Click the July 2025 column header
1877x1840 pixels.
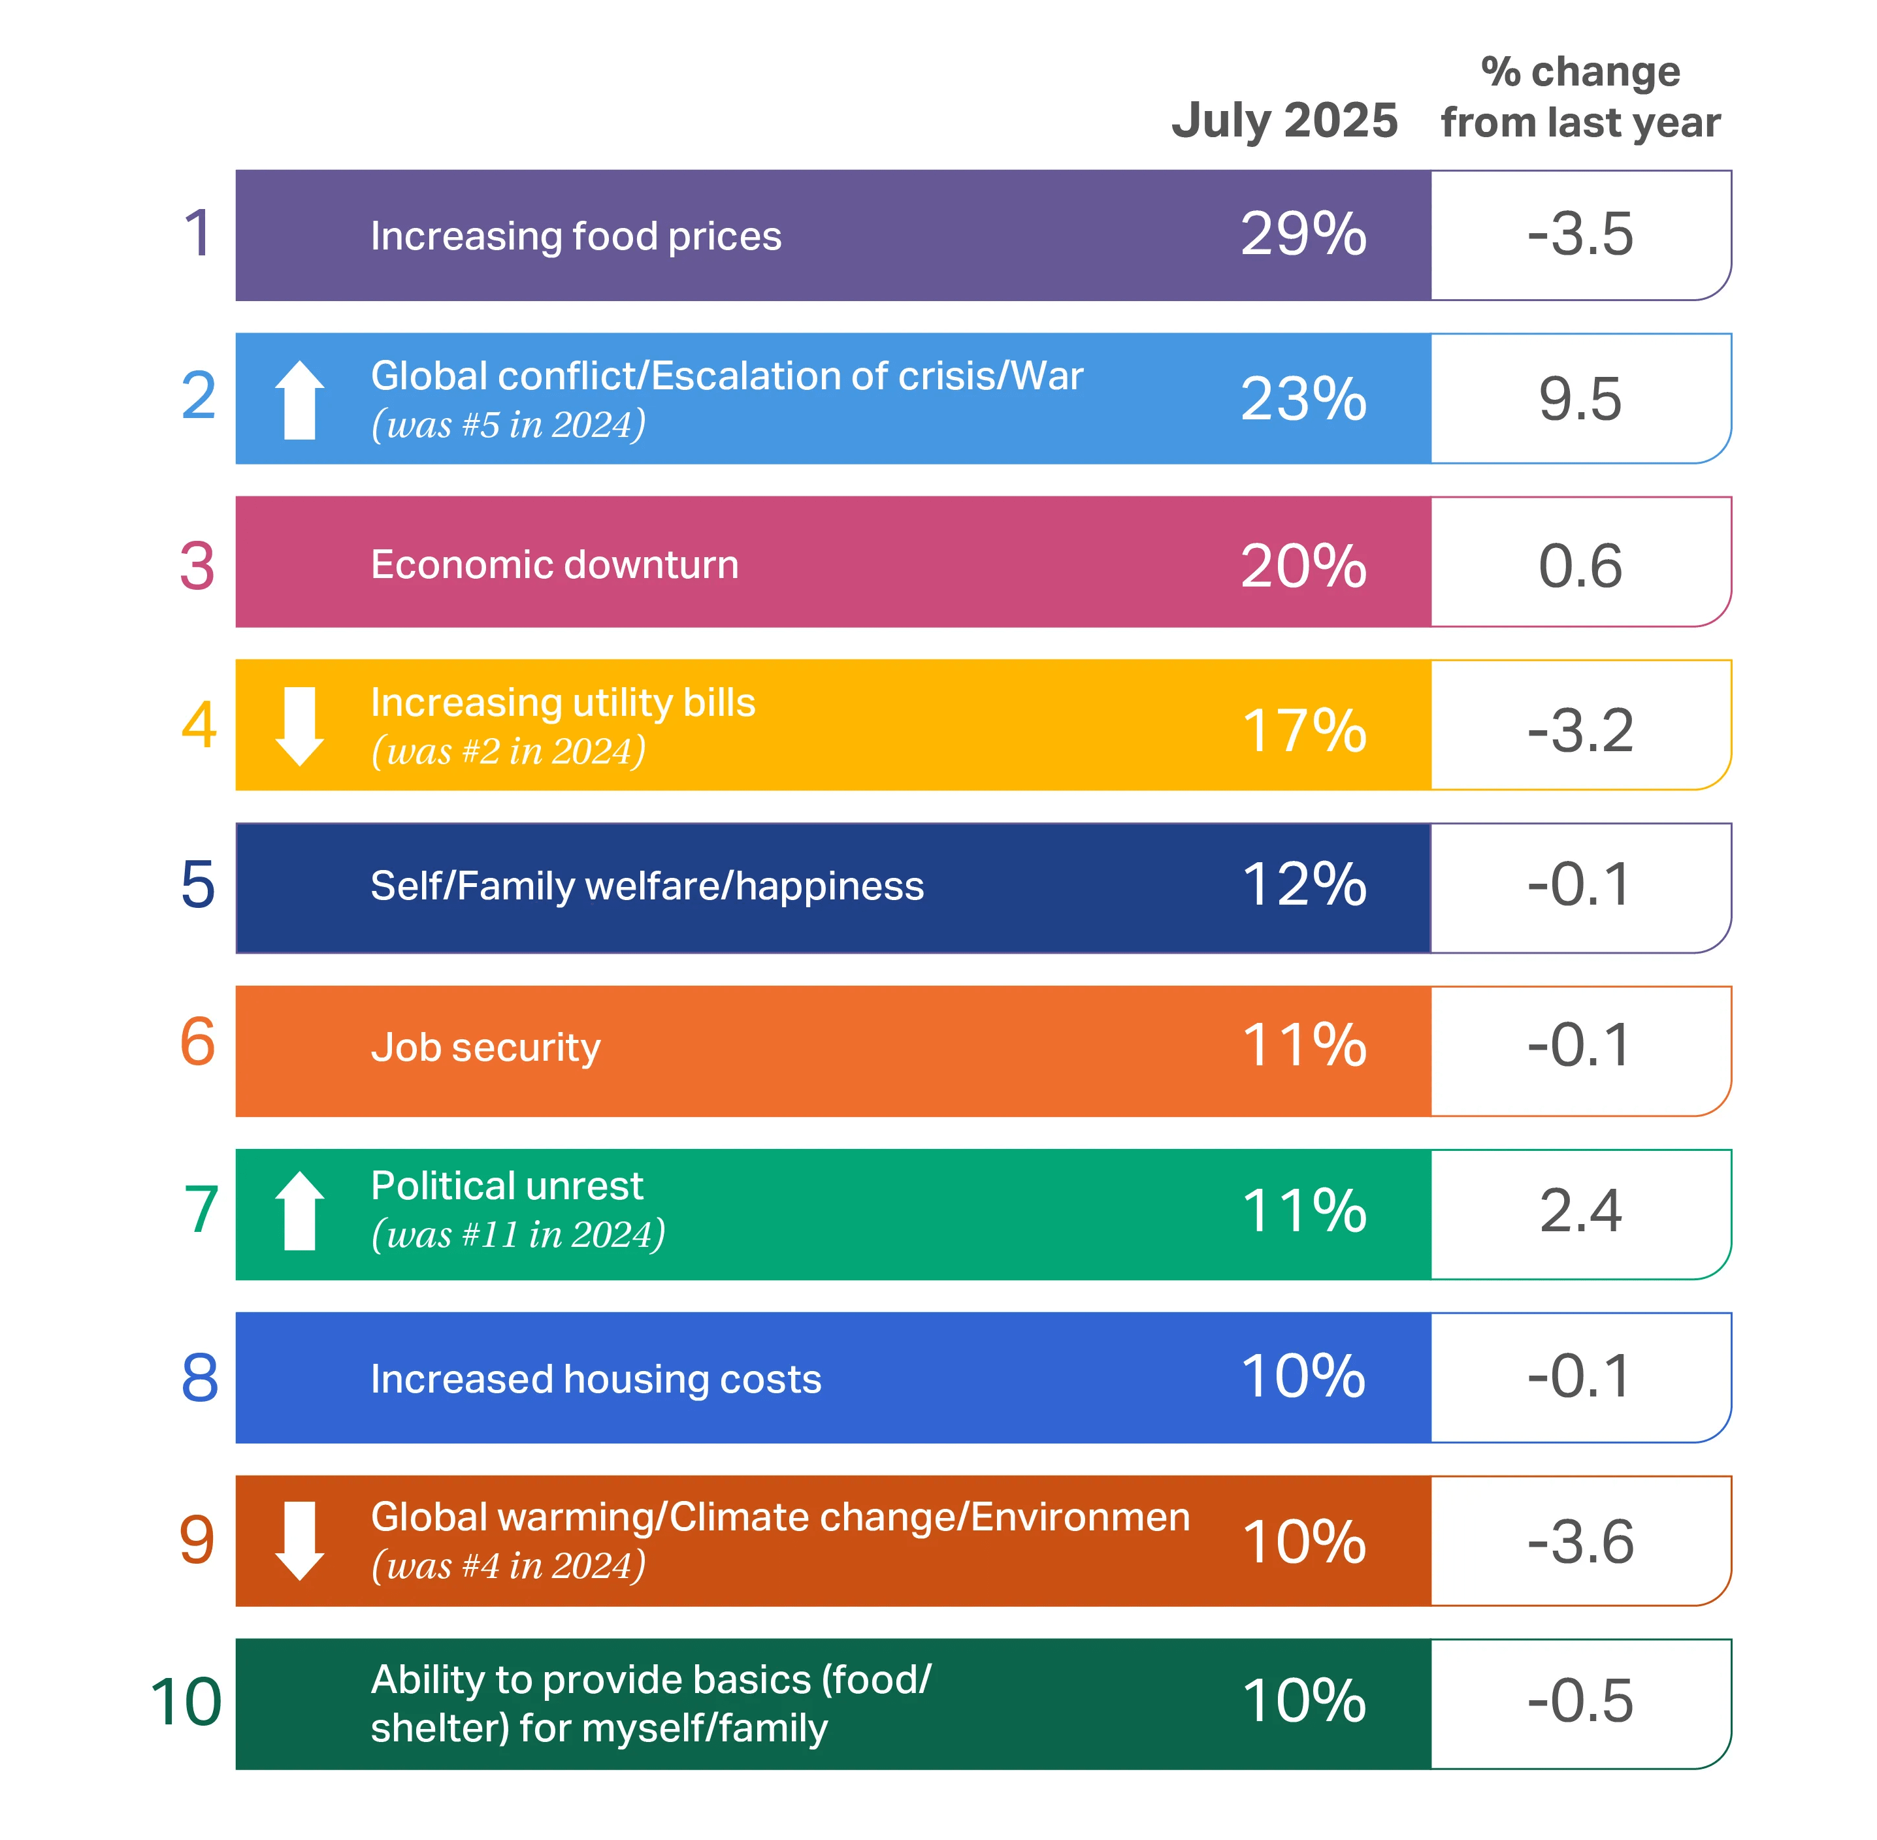point(1284,121)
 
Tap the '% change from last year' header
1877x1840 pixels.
point(1580,97)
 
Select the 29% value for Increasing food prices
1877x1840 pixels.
point(1303,235)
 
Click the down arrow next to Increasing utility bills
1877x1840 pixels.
point(300,727)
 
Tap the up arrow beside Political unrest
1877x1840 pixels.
point(300,1211)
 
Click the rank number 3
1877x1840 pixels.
point(197,566)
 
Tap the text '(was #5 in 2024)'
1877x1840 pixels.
point(508,425)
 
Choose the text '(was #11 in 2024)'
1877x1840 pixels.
point(518,1234)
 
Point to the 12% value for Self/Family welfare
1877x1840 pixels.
point(1303,884)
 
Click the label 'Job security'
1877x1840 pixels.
point(485,1048)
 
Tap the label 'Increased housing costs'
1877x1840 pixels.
point(595,1379)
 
